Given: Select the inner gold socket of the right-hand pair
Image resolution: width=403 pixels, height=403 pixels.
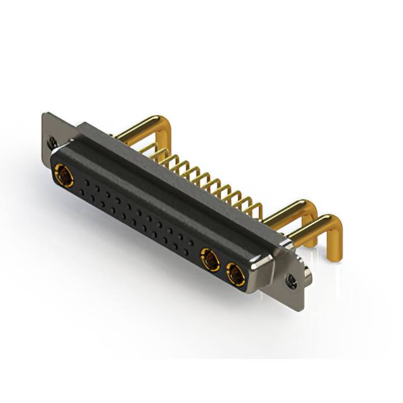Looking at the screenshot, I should pyautogui.click(x=208, y=258).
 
